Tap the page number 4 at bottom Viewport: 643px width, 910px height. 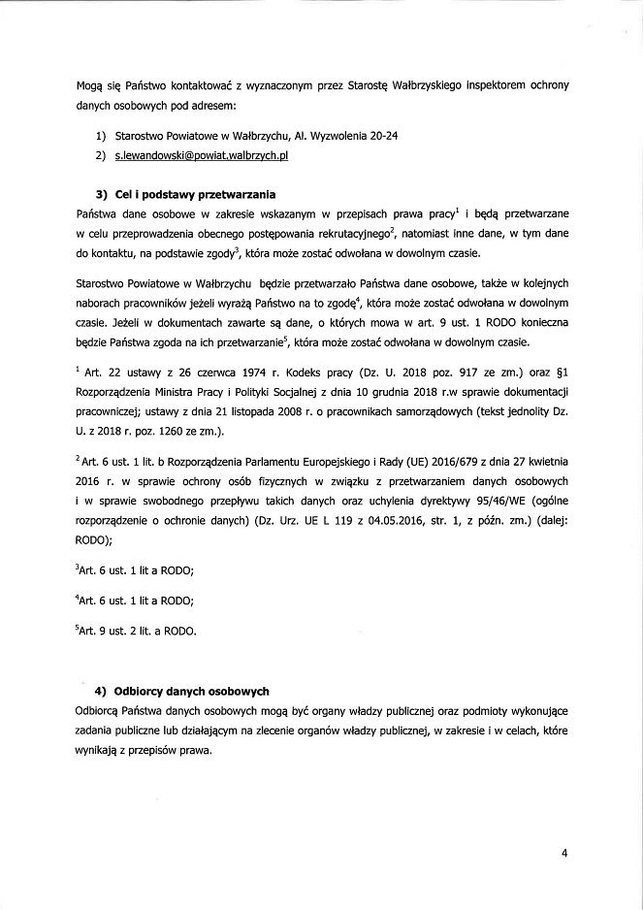(563, 854)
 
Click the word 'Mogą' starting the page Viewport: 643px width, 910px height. (88, 85)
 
